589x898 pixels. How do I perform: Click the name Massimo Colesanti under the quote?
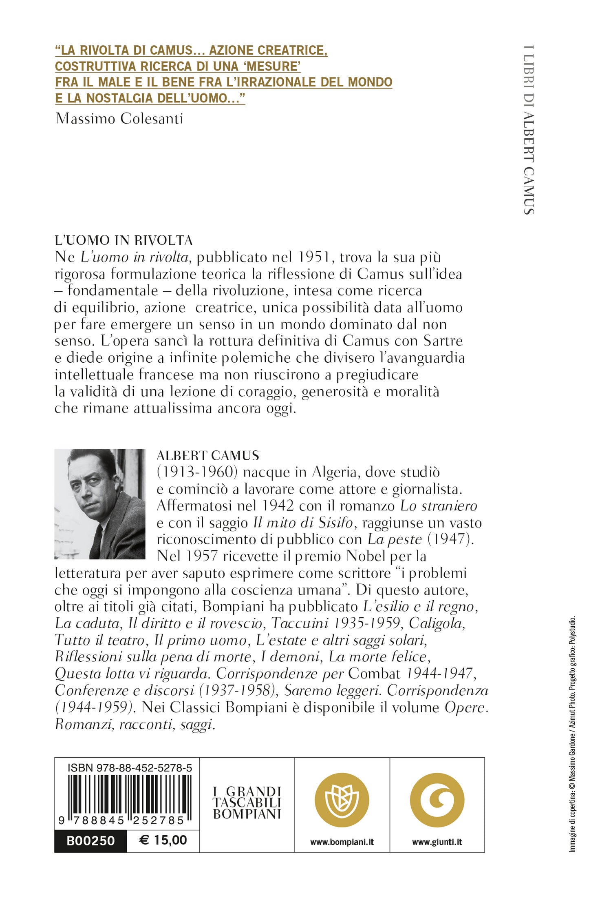click(119, 119)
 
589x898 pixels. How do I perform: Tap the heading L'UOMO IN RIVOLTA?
click(124, 240)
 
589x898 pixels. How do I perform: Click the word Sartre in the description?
click(443, 341)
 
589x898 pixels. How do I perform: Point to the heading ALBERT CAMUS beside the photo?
click(208, 456)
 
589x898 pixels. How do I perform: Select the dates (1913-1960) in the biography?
click(197, 472)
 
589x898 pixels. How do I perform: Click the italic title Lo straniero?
click(439, 506)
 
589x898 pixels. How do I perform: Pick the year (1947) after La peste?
click(450, 539)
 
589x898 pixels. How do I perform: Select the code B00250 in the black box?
click(90, 840)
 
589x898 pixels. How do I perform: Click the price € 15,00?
click(163, 840)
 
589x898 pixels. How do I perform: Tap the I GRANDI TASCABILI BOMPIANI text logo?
click(247, 803)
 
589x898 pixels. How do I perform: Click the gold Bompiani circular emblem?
click(342, 800)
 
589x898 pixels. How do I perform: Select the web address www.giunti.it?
click(437, 842)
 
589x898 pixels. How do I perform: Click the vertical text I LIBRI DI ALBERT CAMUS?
click(529, 130)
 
